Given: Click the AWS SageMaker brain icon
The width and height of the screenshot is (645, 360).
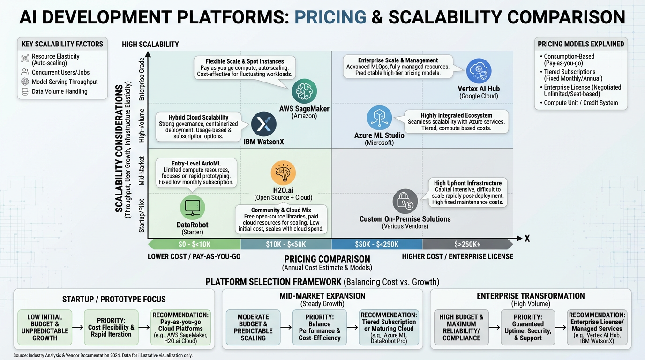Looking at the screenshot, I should point(304,91).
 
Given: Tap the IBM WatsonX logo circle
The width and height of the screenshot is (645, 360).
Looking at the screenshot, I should point(264,124).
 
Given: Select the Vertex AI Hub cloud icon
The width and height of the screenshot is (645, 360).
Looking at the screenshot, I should point(479,71).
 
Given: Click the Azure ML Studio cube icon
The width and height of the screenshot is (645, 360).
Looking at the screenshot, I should point(379,118).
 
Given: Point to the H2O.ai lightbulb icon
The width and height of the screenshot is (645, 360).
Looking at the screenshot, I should point(283,172).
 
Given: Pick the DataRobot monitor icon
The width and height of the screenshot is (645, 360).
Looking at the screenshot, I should point(193,207).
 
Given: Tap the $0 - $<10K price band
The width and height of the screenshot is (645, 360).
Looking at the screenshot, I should point(194,244).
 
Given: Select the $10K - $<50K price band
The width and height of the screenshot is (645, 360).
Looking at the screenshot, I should point(286,244).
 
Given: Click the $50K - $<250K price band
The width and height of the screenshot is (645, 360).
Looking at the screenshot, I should point(377,244).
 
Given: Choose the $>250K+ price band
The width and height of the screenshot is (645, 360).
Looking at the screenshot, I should point(467,244).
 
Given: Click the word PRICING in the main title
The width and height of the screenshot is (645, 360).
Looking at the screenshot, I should point(330,17).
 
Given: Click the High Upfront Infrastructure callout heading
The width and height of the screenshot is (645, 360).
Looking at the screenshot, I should point(468,183).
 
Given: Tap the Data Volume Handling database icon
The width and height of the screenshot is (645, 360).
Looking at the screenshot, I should point(25,91).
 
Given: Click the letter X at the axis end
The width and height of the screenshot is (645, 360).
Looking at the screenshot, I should point(527,239).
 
